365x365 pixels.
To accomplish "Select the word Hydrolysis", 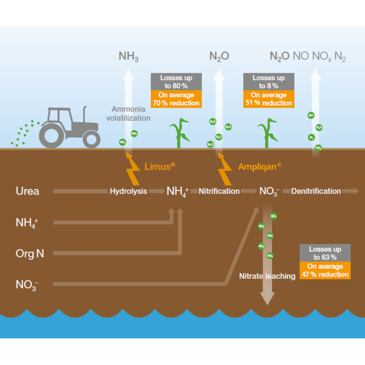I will [128, 191].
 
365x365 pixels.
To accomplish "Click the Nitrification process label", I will [219, 191].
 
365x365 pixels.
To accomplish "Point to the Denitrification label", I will [316, 191].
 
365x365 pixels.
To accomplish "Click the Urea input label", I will [27, 191].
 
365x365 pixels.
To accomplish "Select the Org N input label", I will [30, 253].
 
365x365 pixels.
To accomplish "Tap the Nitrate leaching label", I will [267, 276].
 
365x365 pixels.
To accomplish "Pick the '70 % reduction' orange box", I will [176, 99].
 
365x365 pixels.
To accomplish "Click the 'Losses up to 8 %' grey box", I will [269, 82].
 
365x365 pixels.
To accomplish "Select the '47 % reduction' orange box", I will [325, 270].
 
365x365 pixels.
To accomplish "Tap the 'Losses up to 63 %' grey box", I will [325, 253].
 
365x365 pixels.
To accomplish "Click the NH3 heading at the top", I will [128, 56].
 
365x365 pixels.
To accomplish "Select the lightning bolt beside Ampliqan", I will [224, 168].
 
